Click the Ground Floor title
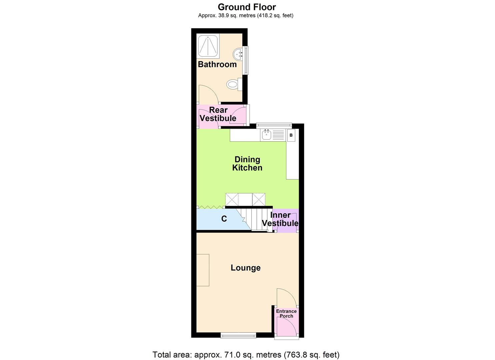pos(247,7)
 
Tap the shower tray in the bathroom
pos(208,46)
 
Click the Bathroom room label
pos(217,64)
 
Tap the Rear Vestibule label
pos(218,114)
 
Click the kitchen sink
pos(267,135)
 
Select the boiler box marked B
pos(291,136)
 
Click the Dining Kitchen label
pos(247,163)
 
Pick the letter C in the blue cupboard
pos(224,219)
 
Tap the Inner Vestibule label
pos(280,219)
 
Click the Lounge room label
pos(246,268)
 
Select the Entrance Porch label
pos(286,313)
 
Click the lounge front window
pos(238,335)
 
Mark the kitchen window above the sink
pos(274,125)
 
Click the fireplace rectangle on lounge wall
pos(203,270)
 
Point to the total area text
pos(246,354)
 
